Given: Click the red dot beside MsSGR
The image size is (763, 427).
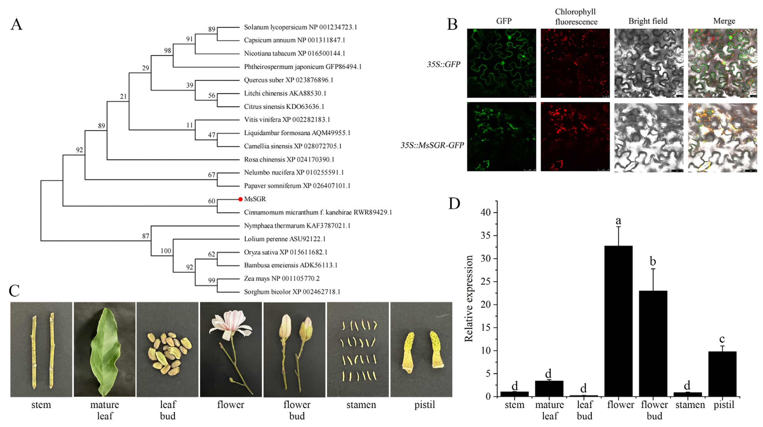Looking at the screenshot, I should point(241,199).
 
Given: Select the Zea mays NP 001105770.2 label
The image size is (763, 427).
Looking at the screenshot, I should point(281,278).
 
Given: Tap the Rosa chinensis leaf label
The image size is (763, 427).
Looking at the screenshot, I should point(289,159).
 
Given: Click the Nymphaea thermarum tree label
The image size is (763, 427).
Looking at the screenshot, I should point(297,226).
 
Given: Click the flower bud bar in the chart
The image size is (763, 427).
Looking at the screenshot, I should point(653,344).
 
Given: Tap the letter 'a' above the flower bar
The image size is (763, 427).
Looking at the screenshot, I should point(618,221).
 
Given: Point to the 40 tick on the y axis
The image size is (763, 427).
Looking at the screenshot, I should point(486,212).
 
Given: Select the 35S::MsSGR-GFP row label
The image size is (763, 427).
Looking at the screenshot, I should point(432,145).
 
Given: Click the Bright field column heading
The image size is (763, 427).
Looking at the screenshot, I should point(648,21).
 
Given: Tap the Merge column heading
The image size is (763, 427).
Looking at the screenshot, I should point(724,21).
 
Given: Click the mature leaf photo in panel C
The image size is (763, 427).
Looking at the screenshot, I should point(105,349).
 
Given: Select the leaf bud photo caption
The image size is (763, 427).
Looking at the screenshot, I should point(168,410).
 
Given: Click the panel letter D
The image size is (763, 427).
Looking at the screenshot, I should point(454,204).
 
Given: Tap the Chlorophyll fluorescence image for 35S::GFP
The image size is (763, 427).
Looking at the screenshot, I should point(575,63).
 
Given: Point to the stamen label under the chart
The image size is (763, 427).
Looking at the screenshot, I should point(690,405).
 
